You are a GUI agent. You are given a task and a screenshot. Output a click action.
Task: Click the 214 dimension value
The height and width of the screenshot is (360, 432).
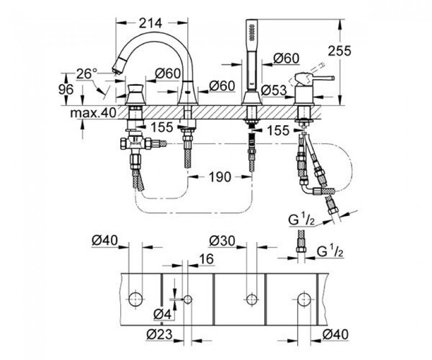point(151,23)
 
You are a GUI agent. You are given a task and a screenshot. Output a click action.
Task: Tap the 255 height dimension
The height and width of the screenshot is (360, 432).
point(340,51)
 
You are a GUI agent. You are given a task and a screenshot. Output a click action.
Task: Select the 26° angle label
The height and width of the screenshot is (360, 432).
point(86,74)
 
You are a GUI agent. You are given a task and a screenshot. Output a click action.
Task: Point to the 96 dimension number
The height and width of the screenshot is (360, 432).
point(66,90)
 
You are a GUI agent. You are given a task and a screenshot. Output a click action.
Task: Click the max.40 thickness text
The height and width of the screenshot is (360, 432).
point(93,112)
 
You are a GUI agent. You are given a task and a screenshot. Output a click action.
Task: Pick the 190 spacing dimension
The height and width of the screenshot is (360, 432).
point(219,177)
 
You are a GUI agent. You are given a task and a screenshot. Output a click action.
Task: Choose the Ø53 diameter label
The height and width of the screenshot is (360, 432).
point(274,90)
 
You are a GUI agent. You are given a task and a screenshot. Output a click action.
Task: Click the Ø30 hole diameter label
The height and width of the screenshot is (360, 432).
point(222,241)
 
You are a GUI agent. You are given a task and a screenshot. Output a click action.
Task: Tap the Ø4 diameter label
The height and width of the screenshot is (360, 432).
point(162,314)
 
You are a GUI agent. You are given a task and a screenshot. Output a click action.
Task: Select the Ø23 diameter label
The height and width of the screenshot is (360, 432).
point(160,335)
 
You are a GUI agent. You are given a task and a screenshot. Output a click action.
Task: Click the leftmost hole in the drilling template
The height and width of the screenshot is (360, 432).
point(136,299)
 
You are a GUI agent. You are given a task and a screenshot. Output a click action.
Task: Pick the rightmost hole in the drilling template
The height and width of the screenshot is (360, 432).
point(304,300)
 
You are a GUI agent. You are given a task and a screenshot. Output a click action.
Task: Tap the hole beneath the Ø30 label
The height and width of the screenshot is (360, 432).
point(251,300)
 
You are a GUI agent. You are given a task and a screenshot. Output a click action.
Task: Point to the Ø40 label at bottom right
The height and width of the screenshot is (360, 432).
point(335,335)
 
